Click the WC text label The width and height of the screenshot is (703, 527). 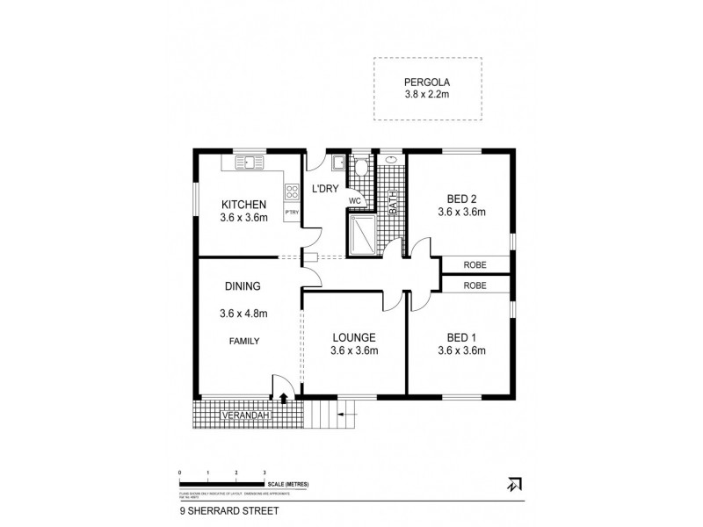tap(355, 200)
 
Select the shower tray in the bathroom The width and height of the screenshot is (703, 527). tap(363, 235)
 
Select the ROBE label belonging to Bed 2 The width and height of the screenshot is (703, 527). tap(475, 264)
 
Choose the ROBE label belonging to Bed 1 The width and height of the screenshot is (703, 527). tap(475, 285)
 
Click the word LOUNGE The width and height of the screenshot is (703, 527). tap(354, 337)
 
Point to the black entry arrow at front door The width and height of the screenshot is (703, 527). tap(282, 399)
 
